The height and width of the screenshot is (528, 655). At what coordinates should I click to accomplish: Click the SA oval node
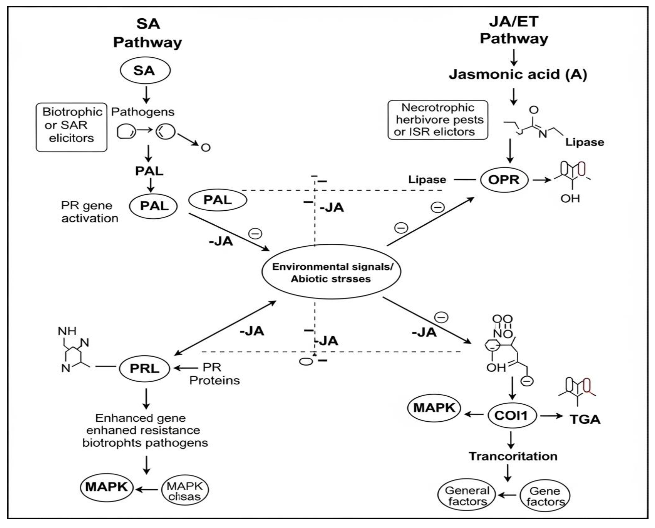coord(145,71)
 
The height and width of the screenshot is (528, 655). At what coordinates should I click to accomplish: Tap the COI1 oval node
coord(512,415)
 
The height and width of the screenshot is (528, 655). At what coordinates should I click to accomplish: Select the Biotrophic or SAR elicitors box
coord(71,127)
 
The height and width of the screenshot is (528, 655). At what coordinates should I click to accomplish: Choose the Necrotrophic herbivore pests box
coord(438,120)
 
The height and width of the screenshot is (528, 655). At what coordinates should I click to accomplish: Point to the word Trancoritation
coord(513,456)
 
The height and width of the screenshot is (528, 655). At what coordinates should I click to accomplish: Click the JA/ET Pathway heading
coord(514,30)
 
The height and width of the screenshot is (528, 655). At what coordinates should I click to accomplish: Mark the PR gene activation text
coord(89,212)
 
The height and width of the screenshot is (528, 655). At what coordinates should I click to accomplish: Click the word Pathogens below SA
coord(142,112)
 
